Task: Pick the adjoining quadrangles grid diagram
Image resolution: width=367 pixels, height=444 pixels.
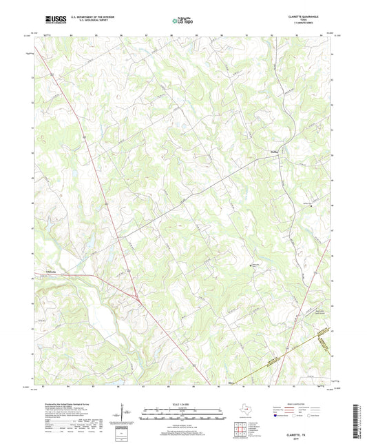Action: pos(240,430)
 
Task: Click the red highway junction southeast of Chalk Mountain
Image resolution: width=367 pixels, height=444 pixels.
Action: pos(138,299)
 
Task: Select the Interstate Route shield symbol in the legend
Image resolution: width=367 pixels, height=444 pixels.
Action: pos(276,416)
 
